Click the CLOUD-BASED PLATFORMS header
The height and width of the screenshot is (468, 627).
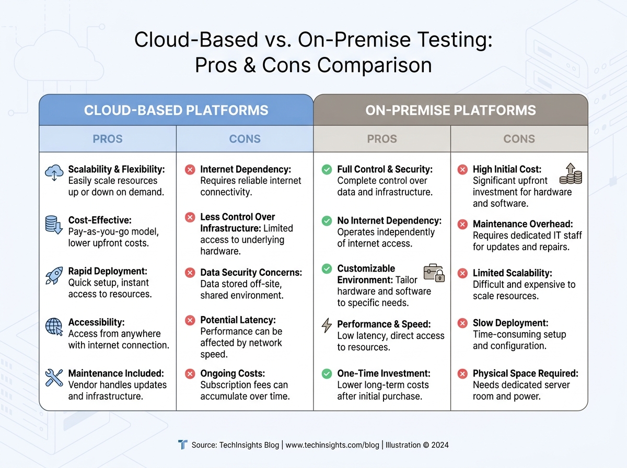coord(176,110)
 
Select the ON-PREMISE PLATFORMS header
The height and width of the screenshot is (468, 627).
coord(450,110)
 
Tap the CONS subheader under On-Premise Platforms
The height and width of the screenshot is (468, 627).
coord(519,139)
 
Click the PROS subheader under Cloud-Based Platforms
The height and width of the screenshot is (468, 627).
coord(108,139)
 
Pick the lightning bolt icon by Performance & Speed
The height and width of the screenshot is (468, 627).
coord(327,326)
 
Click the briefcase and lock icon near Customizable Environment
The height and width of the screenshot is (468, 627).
coord(434,273)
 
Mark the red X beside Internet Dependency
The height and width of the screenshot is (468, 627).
coord(190,169)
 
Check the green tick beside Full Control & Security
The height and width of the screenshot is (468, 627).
coord(327,169)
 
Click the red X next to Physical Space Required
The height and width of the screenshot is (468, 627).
coord(462,373)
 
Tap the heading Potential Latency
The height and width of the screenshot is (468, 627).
coord(238,320)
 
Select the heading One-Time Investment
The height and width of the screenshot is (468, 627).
coord(384,373)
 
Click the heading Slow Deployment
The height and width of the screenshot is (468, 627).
coord(511,323)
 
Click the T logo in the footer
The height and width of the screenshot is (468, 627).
coord(182,444)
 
